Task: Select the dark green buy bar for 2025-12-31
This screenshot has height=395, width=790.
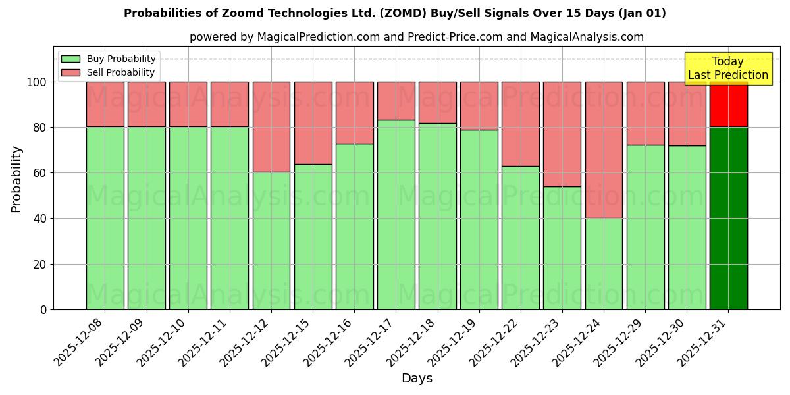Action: coord(728,218)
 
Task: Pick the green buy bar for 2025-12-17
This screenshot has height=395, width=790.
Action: coord(396,215)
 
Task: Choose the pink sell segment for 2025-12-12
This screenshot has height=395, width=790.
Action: coord(271,127)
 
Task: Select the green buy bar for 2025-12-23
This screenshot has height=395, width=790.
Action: coord(562,248)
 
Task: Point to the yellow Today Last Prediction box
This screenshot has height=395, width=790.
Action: coord(727,68)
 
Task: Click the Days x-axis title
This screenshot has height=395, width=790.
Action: coord(417,379)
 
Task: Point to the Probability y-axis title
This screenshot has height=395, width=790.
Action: coord(16,178)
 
